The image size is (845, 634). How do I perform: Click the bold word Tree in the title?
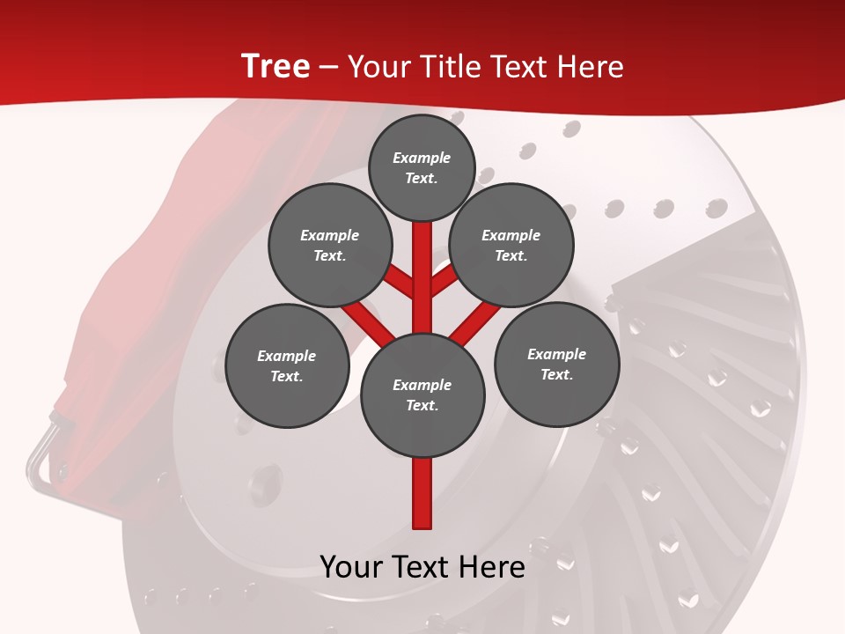[x=276, y=67]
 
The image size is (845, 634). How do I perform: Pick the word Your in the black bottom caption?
[x=349, y=567]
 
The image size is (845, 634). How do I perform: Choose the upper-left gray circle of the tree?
[x=329, y=246]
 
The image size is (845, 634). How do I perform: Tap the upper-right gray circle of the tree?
[x=511, y=246]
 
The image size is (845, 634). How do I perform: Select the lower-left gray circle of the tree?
[x=287, y=366]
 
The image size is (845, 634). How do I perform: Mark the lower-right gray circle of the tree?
[x=556, y=365]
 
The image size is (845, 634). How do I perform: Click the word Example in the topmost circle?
[x=422, y=158]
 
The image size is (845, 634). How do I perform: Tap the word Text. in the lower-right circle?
[x=556, y=374]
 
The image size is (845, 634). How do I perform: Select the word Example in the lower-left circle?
[x=286, y=356]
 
